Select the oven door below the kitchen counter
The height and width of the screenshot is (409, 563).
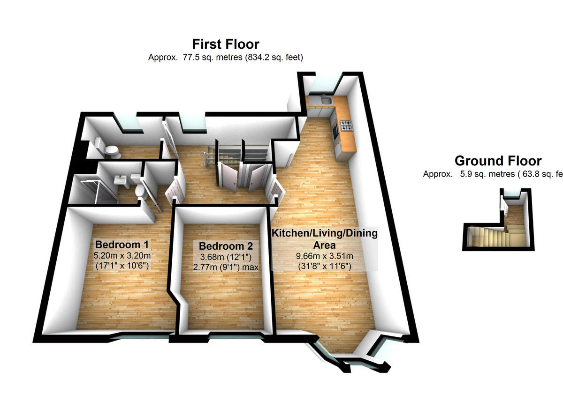click(335, 132)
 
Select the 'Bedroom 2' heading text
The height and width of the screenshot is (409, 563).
click(226, 246)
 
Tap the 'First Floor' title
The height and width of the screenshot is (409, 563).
click(225, 44)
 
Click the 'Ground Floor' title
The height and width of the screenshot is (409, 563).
click(498, 161)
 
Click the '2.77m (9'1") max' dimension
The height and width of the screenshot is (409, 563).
click(226, 267)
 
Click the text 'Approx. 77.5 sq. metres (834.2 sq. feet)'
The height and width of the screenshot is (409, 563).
click(225, 58)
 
